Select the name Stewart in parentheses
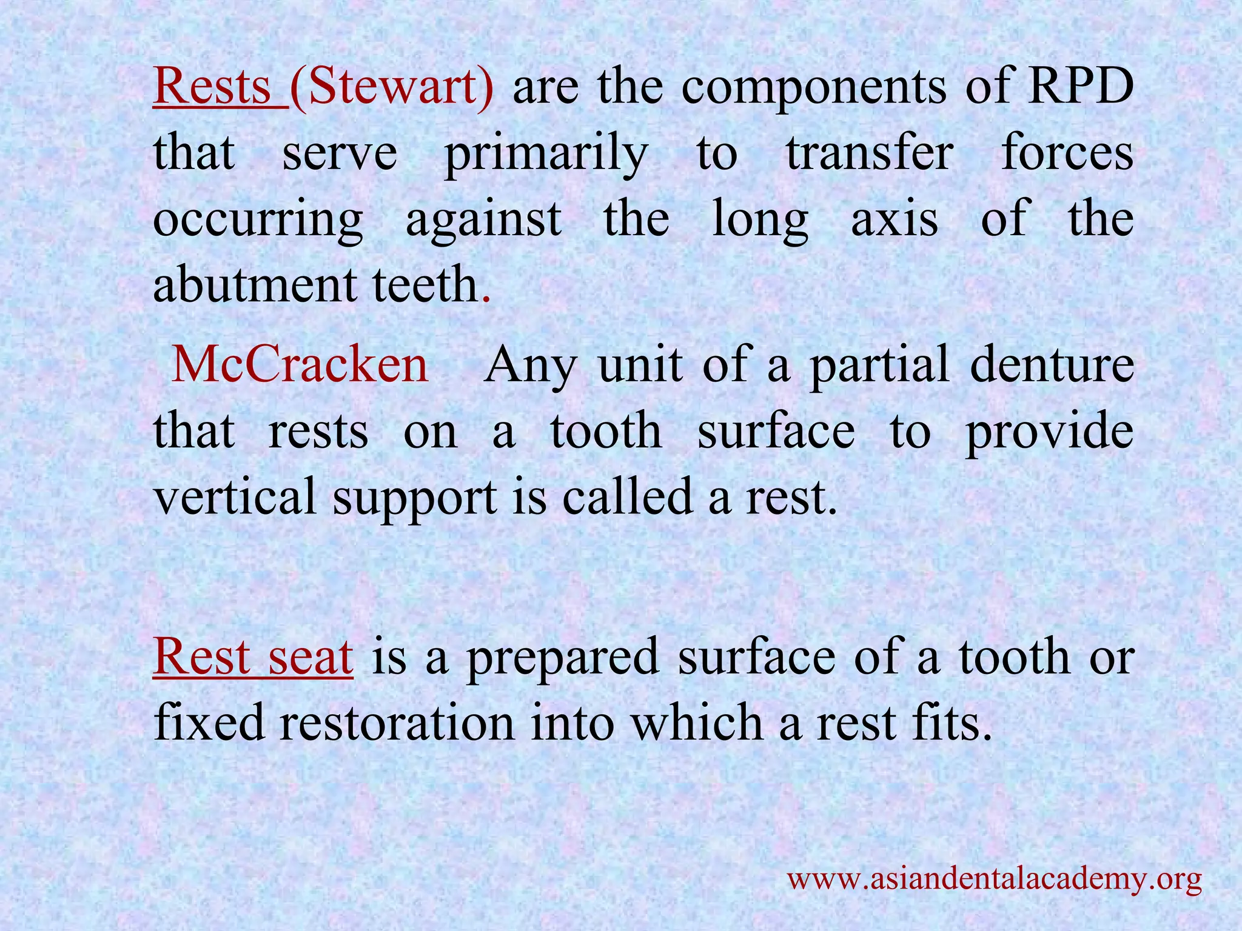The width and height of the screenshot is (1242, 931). click(392, 87)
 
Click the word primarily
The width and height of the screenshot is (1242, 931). click(546, 155)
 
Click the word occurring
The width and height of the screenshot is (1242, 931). click(258, 221)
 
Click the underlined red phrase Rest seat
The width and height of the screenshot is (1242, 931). click(253, 657)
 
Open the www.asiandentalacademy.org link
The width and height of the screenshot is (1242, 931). click(994, 878)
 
